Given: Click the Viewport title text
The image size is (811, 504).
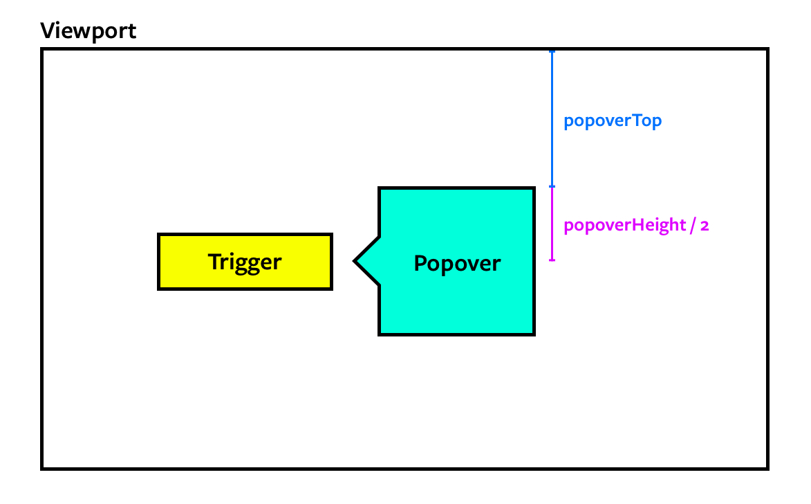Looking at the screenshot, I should pos(88,31).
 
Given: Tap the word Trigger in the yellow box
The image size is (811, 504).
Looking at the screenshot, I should pos(245,262).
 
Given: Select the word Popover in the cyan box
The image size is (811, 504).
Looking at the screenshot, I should pos(457,264).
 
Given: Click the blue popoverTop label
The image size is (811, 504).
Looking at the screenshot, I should pos(613,121).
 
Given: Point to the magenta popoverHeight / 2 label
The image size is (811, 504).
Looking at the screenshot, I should pos(636,226).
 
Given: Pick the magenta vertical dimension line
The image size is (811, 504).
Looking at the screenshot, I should pos(552,224).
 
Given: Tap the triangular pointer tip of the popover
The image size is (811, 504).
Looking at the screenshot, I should pos(355,262).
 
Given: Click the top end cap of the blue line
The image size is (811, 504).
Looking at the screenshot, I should pos(552,52).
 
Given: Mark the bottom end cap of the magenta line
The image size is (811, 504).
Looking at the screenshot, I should pos(552,260).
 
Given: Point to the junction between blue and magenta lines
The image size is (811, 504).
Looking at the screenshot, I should pos(552,186).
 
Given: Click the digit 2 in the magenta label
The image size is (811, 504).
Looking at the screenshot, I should pos(705,226).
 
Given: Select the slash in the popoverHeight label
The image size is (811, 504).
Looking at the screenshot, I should pos(692,226).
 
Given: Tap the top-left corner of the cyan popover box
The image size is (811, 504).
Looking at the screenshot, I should pos(380,188).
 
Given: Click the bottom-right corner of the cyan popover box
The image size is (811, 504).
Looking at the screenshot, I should pos(534,334).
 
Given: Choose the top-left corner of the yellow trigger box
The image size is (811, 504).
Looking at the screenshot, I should pos(160,235).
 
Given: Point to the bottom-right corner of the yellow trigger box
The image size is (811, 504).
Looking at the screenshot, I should pos(331,288).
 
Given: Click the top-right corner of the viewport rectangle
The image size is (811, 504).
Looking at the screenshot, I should pos(767,50).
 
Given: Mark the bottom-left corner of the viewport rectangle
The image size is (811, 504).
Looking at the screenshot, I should pos(43,468).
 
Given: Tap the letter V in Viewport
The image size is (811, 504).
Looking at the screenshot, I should pos(48,31).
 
